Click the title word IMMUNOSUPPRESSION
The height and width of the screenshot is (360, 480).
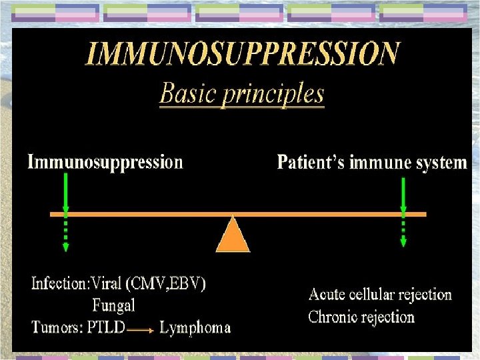click(x=243, y=53)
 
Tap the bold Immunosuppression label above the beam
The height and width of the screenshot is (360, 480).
click(x=105, y=162)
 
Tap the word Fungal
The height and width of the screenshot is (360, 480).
click(x=113, y=305)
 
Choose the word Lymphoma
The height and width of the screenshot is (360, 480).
click(x=195, y=327)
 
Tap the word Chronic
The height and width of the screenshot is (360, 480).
click(x=334, y=317)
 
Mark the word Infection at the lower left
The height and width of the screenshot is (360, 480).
click(x=57, y=283)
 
